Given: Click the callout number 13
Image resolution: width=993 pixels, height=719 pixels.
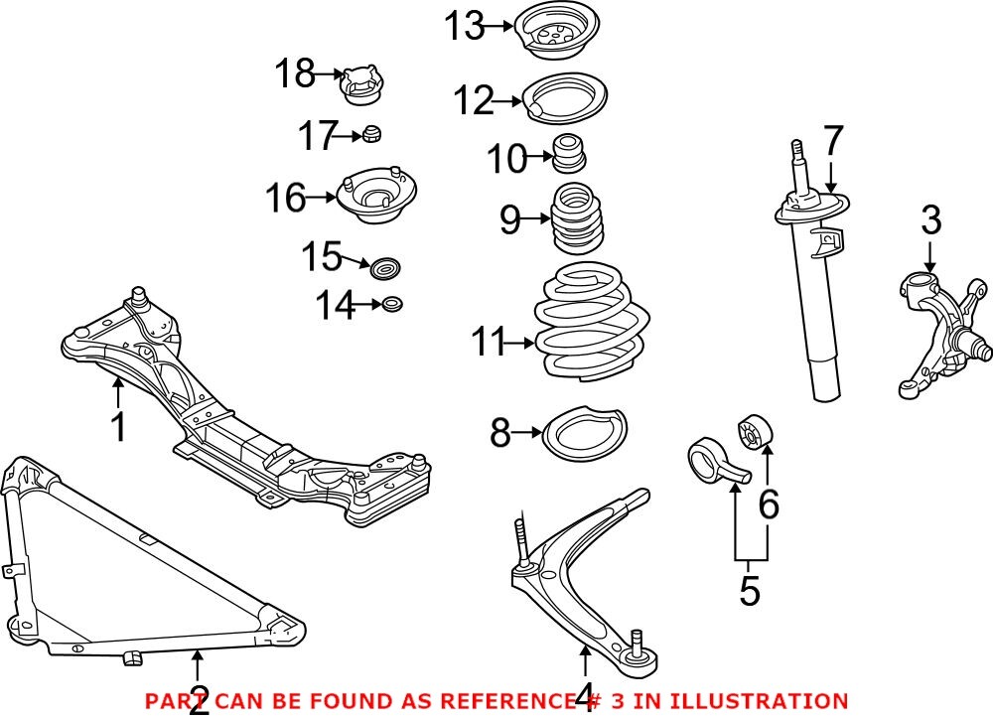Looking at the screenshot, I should click(464, 27).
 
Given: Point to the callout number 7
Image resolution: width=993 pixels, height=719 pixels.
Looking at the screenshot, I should click(832, 141).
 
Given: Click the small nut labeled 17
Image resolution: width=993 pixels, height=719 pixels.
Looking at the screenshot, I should click(372, 134).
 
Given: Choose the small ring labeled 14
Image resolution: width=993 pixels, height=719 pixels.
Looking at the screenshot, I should click(393, 305).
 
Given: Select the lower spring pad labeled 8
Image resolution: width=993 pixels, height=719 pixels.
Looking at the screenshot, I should click(584, 436).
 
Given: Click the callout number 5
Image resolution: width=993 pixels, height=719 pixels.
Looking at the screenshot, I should click(750, 590).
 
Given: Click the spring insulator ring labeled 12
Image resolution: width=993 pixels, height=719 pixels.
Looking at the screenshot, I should click(563, 98).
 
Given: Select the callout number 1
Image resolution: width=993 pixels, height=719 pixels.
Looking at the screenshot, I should click(118, 427).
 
